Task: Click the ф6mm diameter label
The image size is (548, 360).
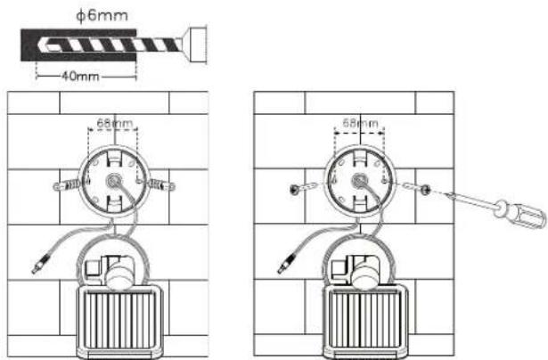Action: coord(102,16)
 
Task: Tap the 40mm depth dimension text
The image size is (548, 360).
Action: coord(80,77)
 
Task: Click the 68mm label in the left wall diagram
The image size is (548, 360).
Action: coord(115,123)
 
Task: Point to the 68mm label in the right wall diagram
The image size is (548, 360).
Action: coord(360,123)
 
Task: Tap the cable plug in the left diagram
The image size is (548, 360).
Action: coord(41,264)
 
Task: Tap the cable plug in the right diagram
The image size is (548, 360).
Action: coord(287,264)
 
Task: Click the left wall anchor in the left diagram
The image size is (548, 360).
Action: coord(67,184)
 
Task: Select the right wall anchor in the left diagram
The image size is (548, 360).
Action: coord(161,184)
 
